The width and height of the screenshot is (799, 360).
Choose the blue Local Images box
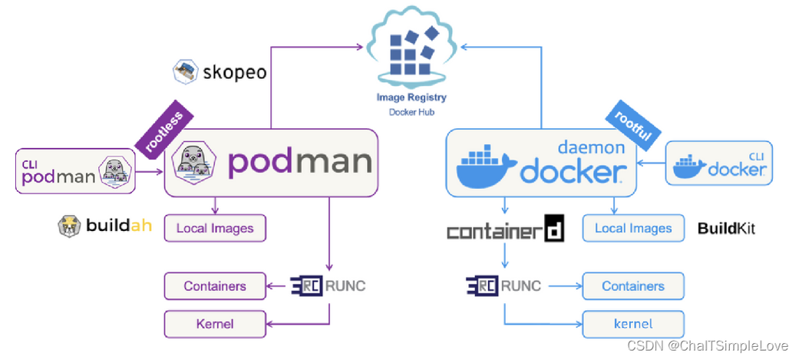[x=633, y=228]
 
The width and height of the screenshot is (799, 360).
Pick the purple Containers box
[x=214, y=286]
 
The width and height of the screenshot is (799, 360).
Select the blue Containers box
[x=633, y=286]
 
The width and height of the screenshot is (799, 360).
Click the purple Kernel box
[x=214, y=323]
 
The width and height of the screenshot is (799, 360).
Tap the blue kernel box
[x=633, y=323]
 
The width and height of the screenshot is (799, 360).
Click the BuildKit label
[x=725, y=228]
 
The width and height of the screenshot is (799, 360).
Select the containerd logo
[x=506, y=230]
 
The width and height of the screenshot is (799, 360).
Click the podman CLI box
[x=74, y=171]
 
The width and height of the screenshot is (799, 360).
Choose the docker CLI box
[x=718, y=163]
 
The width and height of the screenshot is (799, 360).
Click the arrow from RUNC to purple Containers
[x=278, y=286]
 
